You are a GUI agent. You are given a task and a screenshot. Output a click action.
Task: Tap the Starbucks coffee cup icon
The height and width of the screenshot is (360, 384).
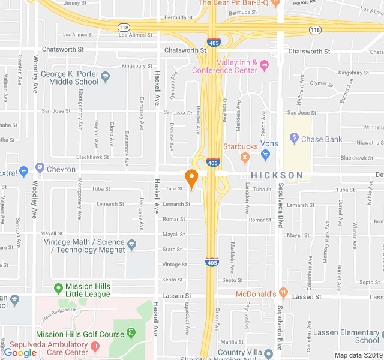pyautogui.click(x=244, y=157)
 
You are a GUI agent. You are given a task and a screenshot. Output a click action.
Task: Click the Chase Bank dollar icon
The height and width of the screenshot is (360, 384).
pyautogui.click(x=294, y=139)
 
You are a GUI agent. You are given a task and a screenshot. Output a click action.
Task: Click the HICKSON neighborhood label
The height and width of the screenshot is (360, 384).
pyautogui.click(x=277, y=175)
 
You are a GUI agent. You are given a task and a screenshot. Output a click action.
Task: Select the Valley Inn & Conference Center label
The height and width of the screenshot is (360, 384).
pyautogui.click(x=225, y=66)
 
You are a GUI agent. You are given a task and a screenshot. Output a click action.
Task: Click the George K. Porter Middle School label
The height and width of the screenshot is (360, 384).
pyautogui.click(x=70, y=78)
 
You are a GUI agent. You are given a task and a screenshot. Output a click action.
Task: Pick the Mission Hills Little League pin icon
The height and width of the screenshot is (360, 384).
pyautogui.click(x=58, y=288)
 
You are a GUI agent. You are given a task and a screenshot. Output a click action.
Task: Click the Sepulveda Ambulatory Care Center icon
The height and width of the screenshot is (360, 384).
pyautogui.click(x=95, y=346)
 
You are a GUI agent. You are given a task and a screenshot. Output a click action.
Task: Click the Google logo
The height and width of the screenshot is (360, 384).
pyautogui.click(x=20, y=353)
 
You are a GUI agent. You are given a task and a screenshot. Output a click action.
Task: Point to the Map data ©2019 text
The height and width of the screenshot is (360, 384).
pyautogui.click(x=358, y=355)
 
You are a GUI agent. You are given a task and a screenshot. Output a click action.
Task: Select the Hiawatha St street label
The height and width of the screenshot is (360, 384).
pyautogui.click(x=368, y=143)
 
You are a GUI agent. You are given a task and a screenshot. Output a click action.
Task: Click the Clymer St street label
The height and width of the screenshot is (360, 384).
pyautogui.click(x=322, y=83)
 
